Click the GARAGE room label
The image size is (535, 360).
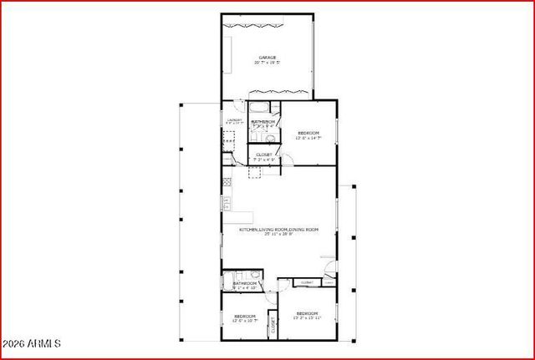(267, 58)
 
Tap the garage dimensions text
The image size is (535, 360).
(267, 63)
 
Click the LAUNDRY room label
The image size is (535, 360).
(234, 120)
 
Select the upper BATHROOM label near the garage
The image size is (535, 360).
(264, 122)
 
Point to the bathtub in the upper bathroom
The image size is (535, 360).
(259, 107)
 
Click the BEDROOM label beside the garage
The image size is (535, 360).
(309, 133)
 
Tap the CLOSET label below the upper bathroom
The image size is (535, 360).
(264, 154)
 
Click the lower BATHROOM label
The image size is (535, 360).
(245, 283)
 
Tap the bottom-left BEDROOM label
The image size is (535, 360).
(244, 315)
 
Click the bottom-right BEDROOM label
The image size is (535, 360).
(307, 313)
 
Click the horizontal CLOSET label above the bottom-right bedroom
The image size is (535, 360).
(307, 283)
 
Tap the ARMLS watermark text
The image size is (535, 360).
(32, 343)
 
